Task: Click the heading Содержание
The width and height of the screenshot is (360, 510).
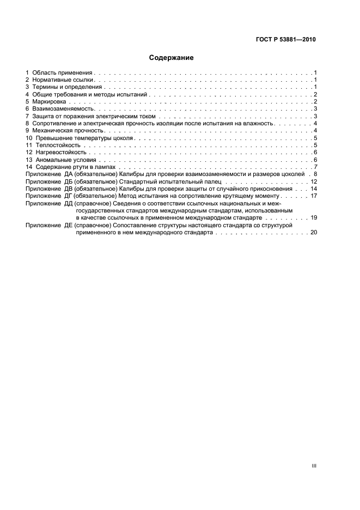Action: [171, 57]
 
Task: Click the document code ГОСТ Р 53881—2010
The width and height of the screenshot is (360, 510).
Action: [286, 39]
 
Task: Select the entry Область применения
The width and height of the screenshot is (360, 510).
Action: [63, 72]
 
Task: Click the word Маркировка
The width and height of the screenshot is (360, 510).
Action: [49, 102]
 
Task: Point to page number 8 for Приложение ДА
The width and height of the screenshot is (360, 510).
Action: [315, 174]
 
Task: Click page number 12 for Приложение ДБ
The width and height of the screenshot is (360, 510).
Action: [314, 181]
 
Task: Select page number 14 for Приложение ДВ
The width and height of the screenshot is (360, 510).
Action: [314, 189]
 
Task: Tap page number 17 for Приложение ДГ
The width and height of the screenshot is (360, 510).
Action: [314, 196]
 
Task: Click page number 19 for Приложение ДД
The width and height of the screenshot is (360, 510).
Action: [314, 217]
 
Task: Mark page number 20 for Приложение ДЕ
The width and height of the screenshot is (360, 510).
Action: [314, 232]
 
